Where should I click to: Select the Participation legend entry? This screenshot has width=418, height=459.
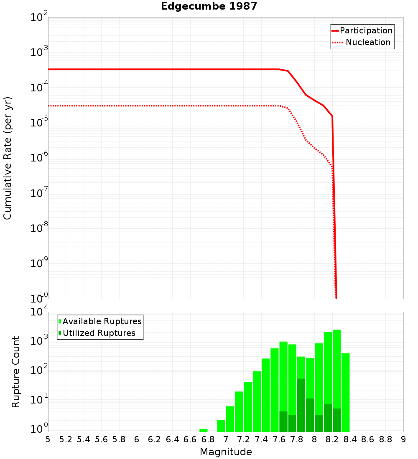(366, 30)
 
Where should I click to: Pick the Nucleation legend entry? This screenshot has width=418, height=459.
(367, 42)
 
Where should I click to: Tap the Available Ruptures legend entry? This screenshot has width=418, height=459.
(102, 321)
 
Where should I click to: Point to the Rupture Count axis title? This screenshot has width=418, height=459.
(16, 371)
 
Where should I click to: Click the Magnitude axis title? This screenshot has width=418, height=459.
(226, 452)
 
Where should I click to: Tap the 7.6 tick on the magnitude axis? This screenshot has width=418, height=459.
(279, 439)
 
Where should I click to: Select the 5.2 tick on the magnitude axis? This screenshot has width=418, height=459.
(66, 439)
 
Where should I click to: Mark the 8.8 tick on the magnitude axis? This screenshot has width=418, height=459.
(385, 439)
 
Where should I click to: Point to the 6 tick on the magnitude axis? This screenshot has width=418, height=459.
(137, 439)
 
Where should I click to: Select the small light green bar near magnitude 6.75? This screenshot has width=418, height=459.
(204, 430)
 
